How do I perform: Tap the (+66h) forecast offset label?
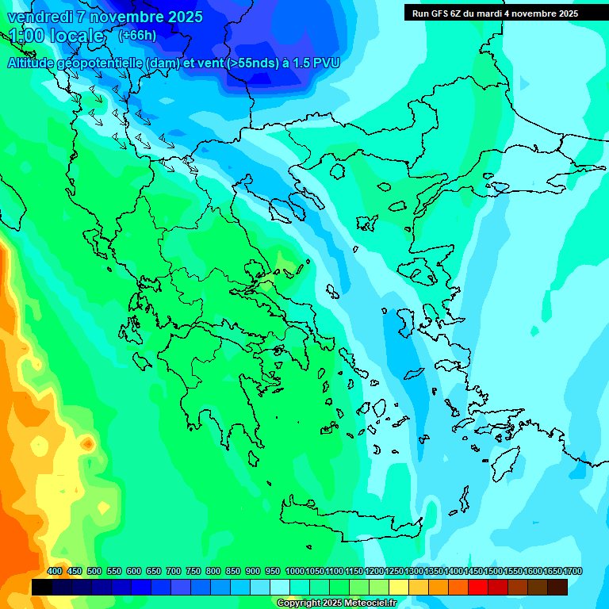[137, 35]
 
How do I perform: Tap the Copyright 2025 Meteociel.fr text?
[335, 603]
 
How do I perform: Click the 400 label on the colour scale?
[55, 572]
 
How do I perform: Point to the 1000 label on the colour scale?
[294, 572]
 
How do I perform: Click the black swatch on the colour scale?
[42, 588]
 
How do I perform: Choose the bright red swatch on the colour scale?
[478, 588]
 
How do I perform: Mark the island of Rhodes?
[505, 462]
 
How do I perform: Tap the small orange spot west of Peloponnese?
[87, 442]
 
